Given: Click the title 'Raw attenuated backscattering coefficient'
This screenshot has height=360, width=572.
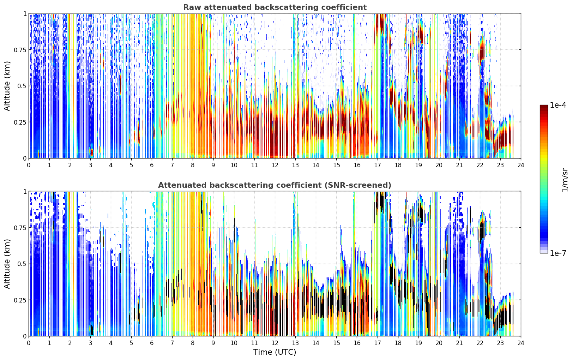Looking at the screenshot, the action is pos(275,7).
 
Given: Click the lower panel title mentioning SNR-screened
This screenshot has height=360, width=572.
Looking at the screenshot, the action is pos(275,185).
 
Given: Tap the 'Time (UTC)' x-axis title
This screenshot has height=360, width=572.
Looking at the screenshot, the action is pos(275,352).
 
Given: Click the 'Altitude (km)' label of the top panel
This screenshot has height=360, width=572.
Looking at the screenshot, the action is pos(7,86).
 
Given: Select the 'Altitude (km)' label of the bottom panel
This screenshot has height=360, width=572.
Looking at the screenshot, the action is pos(7,264).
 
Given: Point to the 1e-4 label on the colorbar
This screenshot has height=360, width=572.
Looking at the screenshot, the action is pos(558,105).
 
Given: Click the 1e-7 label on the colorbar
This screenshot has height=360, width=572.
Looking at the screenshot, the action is pos(558,253).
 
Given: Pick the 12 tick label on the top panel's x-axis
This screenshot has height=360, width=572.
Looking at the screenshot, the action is pos(275,165).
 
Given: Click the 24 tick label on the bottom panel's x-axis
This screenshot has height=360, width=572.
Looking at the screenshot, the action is pos(521,343).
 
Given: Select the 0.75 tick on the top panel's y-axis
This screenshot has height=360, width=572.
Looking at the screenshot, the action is pos(20,50).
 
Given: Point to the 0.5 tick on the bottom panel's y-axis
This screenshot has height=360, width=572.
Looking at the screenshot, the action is pos(22,264).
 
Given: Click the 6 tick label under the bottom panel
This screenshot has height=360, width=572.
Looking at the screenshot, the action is pos(152,343).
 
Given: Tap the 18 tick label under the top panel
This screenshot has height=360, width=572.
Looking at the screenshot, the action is pos(398,165).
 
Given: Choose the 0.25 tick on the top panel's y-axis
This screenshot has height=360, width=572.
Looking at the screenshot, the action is pos(20,122).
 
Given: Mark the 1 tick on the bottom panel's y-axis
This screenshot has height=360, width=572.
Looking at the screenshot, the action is pos(25,192).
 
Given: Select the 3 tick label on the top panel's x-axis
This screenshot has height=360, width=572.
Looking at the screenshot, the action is pos(90,165).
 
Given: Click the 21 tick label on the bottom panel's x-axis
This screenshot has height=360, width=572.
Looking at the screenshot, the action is pos(459,343).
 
